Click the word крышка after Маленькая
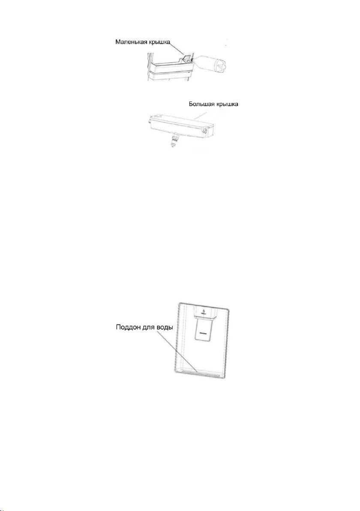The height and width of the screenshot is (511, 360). click(x=159, y=43)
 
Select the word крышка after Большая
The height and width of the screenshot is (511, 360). click(x=227, y=104)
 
